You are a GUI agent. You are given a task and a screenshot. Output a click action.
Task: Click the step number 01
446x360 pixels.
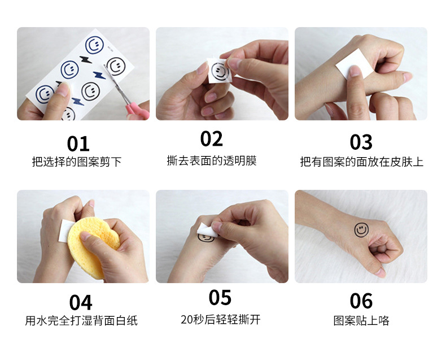coord(78,143)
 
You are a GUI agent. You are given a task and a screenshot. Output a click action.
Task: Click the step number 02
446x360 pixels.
coord(212,138)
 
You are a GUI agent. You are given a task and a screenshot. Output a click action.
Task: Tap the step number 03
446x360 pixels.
coord(361,142)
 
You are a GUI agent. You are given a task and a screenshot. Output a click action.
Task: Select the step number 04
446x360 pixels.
coord(81,302)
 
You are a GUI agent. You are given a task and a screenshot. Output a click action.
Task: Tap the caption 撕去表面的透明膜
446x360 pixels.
coord(212,161)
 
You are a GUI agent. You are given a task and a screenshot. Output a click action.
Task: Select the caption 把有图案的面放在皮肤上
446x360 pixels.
coord(361,162)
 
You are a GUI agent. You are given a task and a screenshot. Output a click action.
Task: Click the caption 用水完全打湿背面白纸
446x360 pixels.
coord(81,321)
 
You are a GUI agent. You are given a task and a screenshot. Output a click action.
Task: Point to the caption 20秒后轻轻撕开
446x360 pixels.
coord(221,319)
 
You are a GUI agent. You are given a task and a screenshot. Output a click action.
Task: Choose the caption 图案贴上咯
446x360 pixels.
coord(361,321)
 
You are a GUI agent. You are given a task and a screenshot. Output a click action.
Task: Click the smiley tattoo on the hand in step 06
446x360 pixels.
coord(361,230)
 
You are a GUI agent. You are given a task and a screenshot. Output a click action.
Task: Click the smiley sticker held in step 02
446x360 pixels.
coord(220,71)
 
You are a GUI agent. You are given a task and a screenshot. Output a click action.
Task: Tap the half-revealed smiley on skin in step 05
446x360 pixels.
coord(205,238)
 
